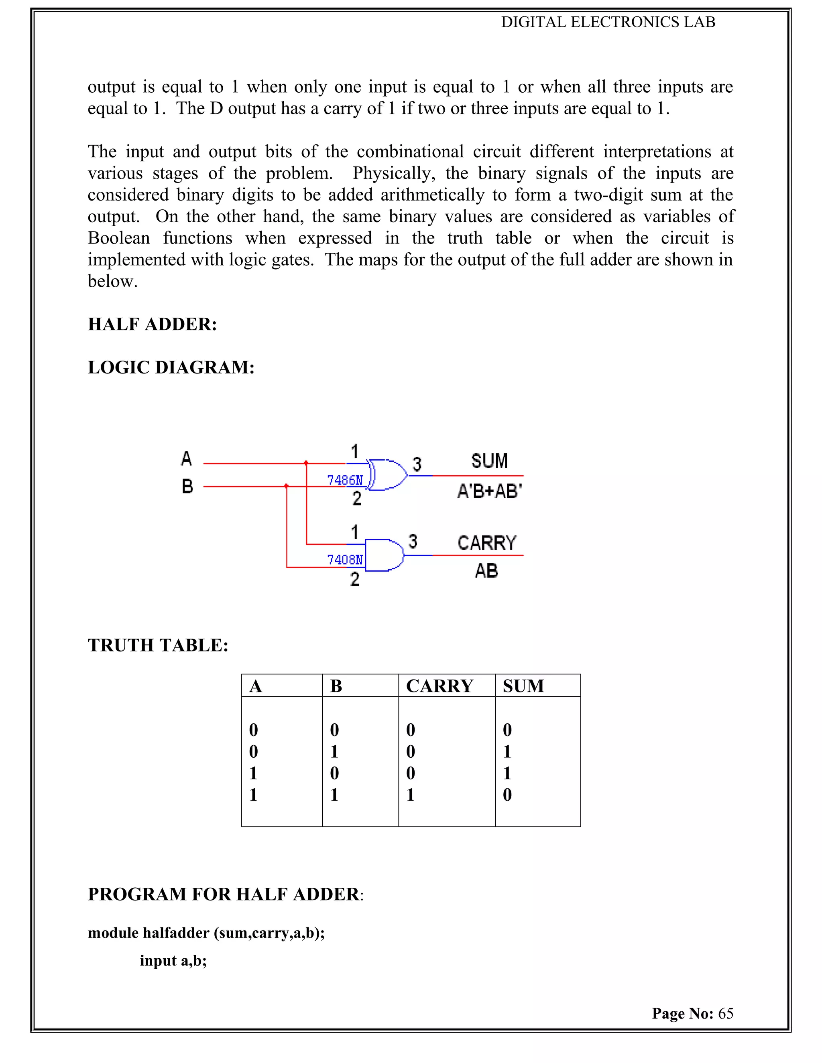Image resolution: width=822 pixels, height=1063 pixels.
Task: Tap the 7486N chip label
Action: pyautogui.click(x=345, y=481)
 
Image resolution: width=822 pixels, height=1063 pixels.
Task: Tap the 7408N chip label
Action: pyautogui.click(x=345, y=560)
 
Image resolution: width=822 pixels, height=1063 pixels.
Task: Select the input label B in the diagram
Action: pyautogui.click(x=187, y=486)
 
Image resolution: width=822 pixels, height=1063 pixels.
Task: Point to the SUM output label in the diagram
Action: pyautogui.click(x=489, y=461)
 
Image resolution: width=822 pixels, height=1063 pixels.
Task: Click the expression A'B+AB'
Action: pyautogui.click(x=489, y=491)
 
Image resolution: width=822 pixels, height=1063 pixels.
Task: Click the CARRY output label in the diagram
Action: pyautogui.click(x=486, y=543)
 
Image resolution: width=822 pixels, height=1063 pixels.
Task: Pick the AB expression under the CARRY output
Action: pyautogui.click(x=486, y=571)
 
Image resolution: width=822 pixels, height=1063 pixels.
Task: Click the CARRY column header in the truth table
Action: pyautogui.click(x=439, y=686)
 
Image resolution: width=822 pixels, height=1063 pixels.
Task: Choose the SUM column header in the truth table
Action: pyautogui.click(x=523, y=686)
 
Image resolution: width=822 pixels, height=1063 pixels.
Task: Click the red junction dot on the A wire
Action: pyautogui.click(x=306, y=463)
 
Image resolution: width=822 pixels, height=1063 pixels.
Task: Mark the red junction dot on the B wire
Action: pyautogui.click(x=286, y=486)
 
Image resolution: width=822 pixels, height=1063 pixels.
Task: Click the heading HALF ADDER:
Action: pyautogui.click(x=152, y=324)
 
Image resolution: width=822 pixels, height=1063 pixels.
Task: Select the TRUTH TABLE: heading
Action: pyautogui.click(x=158, y=645)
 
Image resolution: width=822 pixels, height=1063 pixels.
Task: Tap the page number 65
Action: pyautogui.click(x=726, y=1013)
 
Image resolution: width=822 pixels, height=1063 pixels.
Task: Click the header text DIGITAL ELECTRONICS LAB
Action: pyautogui.click(x=608, y=22)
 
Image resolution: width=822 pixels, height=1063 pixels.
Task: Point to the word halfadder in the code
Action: pyautogui.click(x=176, y=933)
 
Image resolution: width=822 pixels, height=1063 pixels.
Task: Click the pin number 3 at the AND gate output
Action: pyautogui.click(x=413, y=541)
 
